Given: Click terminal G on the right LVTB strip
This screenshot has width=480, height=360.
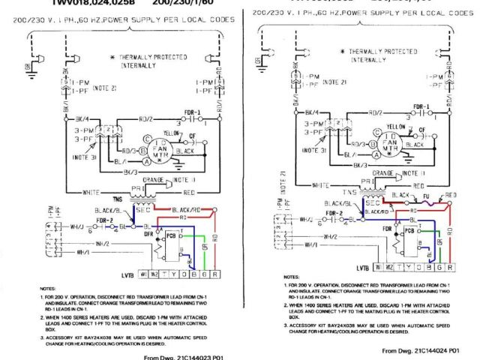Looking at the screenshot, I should pyautogui.click(x=439, y=266).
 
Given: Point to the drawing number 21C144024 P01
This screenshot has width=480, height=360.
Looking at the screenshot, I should pyautogui.click(x=419, y=350).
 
